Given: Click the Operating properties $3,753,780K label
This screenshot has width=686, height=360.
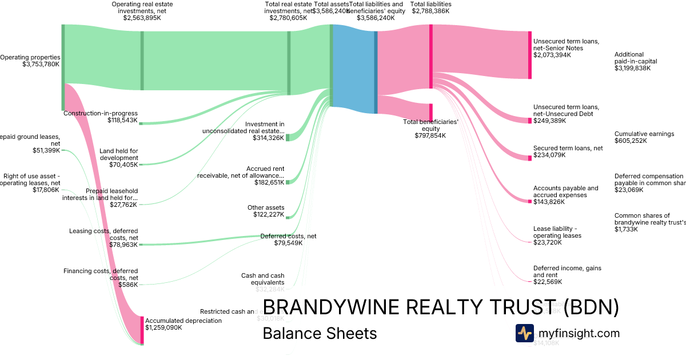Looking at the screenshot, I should click(30, 61).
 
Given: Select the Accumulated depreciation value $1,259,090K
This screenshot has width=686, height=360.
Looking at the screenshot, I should click(163, 328).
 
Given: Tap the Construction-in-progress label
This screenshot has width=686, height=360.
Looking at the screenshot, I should click(100, 113).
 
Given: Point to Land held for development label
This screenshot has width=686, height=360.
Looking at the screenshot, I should click(118, 154).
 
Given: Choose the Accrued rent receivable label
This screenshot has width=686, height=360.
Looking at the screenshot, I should click(241, 172).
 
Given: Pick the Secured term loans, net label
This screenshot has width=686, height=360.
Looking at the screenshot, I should click(568, 148).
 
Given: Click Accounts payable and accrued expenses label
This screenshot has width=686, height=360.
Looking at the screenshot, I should click(565, 191).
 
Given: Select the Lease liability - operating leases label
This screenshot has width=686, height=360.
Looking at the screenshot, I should click(557, 231).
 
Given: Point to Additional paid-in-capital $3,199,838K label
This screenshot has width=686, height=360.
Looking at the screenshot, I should click(636, 61).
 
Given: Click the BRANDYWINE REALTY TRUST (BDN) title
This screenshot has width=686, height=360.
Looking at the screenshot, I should click(440, 307).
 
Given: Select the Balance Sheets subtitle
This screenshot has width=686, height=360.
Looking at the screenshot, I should click(320, 333).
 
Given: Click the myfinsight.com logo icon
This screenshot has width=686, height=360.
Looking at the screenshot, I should click(524, 333).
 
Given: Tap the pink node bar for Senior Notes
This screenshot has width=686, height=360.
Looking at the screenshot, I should click(530, 55).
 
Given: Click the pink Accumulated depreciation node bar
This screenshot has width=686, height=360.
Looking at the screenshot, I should click(142, 330).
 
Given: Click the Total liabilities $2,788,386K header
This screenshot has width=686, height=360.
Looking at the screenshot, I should click(431, 8).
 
